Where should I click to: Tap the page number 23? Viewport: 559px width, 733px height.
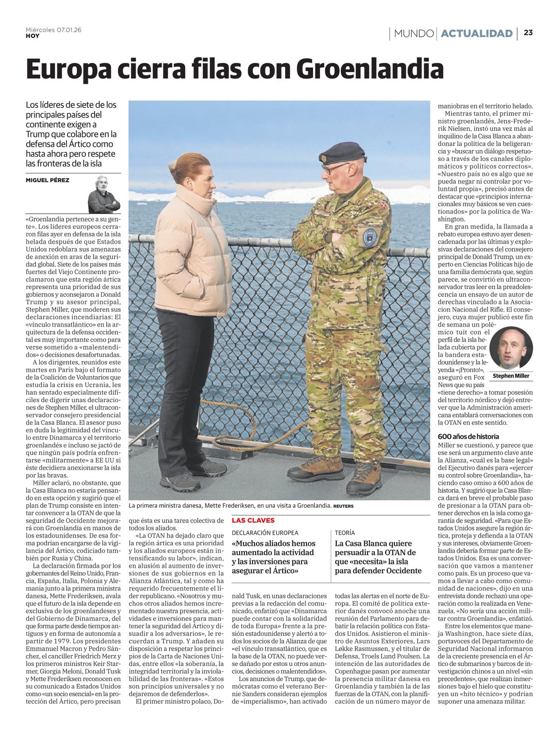pyautogui.click(x=528, y=33)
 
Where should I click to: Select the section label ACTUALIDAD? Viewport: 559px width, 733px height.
pyautogui.click(x=477, y=34)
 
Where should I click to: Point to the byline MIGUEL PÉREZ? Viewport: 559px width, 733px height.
pyautogui.click(x=47, y=180)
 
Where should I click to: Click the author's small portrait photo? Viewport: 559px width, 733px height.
pyautogui.click(x=104, y=194)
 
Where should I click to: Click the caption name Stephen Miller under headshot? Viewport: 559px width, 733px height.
pyautogui.click(x=511, y=376)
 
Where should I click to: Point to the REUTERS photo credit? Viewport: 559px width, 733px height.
pyautogui.click(x=344, y=506)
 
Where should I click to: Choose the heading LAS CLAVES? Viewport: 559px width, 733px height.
pyautogui.click(x=253, y=520)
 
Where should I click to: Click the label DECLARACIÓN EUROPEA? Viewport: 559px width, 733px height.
pyautogui.click(x=265, y=532)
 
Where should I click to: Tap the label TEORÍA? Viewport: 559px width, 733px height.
pyautogui.click(x=345, y=532)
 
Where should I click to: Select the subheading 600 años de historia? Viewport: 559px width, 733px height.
pyautogui.click(x=468, y=437)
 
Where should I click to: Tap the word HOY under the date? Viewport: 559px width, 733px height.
pyautogui.click(x=32, y=36)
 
